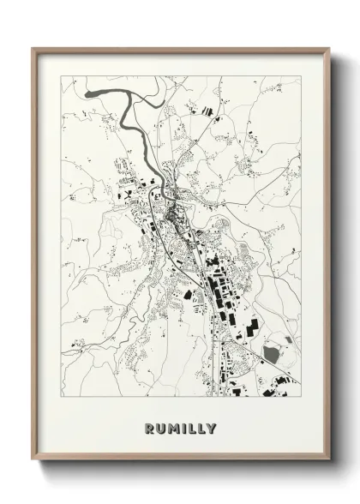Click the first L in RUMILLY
coord(191,428)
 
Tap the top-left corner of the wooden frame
coord(33,48)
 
